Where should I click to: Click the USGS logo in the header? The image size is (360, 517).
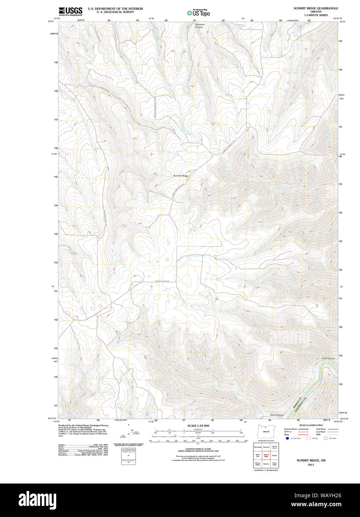[x=70, y=11]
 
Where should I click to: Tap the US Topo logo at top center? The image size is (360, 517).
[x=198, y=13]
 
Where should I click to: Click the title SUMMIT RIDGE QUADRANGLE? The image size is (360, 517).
[x=316, y=8]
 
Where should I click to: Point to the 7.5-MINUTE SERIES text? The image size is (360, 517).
[x=316, y=15]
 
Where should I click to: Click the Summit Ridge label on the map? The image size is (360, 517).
[x=181, y=176]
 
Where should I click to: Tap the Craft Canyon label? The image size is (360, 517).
[x=328, y=358]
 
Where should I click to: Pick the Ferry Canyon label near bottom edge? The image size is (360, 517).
[x=277, y=415]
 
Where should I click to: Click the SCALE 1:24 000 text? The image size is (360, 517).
[x=198, y=426]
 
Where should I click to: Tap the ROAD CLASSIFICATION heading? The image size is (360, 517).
[x=309, y=425]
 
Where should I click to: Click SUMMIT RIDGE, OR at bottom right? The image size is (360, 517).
[x=311, y=460]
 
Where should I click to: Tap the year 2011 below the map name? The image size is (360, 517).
[x=311, y=465]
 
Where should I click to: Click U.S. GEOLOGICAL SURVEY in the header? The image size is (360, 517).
[x=115, y=12]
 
